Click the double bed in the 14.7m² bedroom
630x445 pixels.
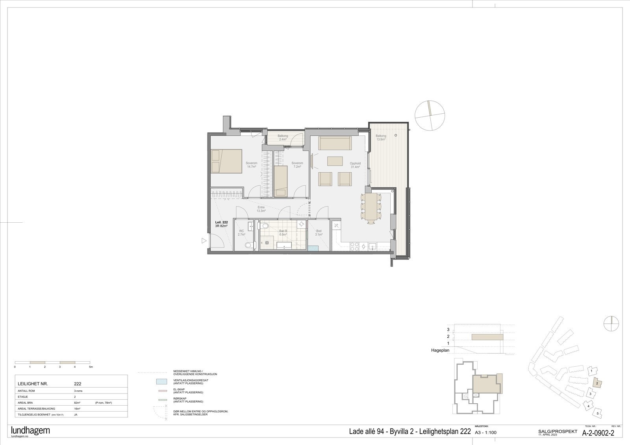[226, 161]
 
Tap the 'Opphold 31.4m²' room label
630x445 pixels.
[355, 165]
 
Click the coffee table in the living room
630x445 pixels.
[335, 162]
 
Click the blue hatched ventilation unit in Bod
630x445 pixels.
[313, 248]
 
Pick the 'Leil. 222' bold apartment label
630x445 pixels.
[221, 222]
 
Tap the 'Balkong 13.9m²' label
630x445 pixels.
[381, 138]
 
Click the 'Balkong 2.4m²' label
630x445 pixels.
[283, 138]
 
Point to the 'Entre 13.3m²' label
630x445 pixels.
[261, 209]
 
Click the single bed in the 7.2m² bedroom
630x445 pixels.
[281, 181]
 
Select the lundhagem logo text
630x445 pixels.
[30, 430]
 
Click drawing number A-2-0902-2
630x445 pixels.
[598, 433]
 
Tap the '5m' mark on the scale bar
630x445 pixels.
[91, 367]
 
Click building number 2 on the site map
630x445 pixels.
[597, 383]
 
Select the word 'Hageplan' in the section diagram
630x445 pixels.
[440, 350]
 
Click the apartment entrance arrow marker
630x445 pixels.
[204, 240]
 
